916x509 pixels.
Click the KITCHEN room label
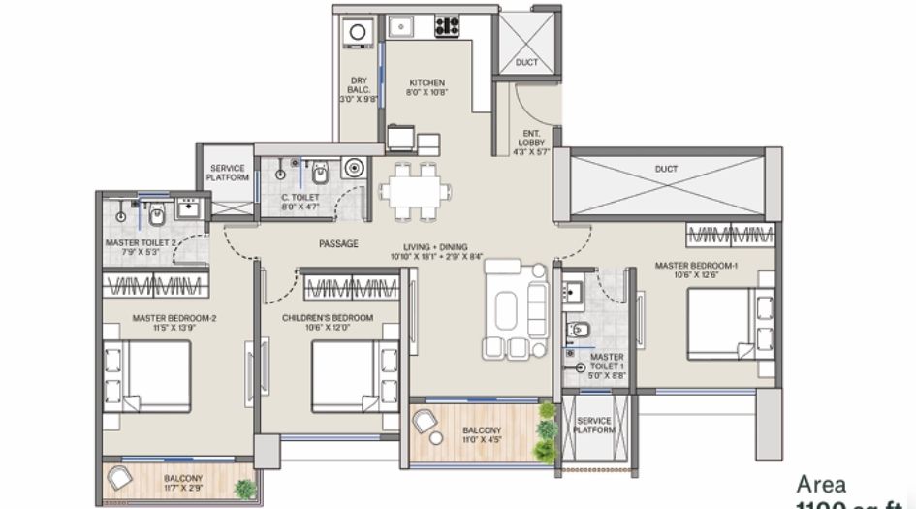tap(426, 82)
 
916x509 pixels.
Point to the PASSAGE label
tap(337, 244)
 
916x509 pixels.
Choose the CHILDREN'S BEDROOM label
tap(328, 318)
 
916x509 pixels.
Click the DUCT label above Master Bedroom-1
tap(666, 169)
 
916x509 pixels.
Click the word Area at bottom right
tap(821, 484)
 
